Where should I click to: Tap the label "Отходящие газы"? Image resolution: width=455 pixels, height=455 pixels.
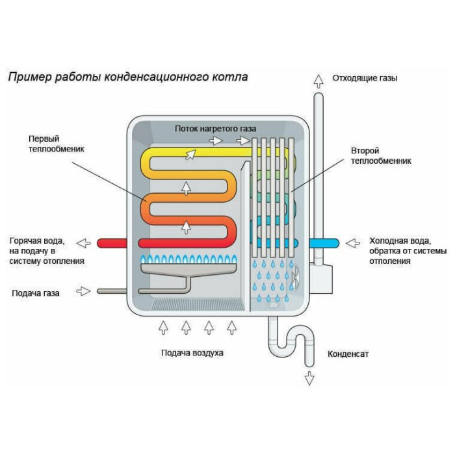point(365,79)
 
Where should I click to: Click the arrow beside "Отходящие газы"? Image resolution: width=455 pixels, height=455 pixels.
point(318,81)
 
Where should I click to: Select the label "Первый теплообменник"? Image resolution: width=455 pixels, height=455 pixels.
point(57,144)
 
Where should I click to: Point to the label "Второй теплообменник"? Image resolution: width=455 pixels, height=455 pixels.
point(381,155)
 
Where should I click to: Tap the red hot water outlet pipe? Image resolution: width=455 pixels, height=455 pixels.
point(117,243)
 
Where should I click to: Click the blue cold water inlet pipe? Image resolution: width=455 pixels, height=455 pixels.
point(324,243)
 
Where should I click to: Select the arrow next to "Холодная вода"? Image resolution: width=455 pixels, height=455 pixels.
point(352,243)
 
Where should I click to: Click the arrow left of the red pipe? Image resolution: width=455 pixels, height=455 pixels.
point(83,243)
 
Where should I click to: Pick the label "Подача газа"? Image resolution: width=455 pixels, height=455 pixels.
point(36,293)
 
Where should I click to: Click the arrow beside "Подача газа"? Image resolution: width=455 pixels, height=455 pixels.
point(83,291)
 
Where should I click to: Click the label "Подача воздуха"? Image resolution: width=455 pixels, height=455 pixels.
point(192,353)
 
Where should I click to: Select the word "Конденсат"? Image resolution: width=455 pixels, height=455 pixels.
point(348,354)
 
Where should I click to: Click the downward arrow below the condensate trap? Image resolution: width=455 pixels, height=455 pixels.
point(309,377)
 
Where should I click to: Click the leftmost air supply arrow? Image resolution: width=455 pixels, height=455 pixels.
point(163,326)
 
